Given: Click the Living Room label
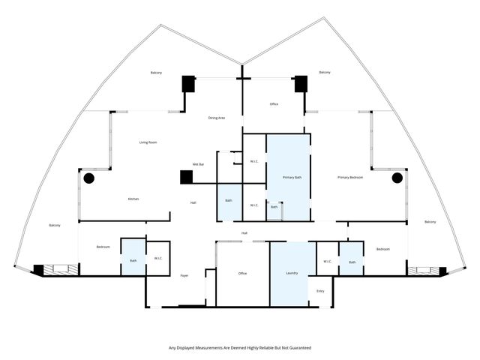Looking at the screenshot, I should coord(148,142).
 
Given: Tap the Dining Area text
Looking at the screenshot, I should coord(217,118).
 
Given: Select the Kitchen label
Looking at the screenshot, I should coord(133,199).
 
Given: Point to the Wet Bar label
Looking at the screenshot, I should coord(199,164).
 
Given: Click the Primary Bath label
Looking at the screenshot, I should coord(292,178).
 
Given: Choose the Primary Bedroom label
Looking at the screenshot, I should coord(350,178).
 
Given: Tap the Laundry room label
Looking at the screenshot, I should coord(292,273).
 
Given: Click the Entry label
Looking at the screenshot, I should coord(320,291).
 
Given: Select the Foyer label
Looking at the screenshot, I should coord(184,275).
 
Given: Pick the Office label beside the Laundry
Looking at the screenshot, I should coord(242,273).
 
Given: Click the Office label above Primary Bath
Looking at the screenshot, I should coord(274,104).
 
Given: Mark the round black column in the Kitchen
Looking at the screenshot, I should coord(88,178).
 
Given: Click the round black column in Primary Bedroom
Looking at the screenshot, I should coord(397,178).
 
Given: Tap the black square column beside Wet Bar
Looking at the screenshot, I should coord(186,177).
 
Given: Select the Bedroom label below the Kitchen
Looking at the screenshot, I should coord(103,247).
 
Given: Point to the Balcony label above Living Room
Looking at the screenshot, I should coord(156,73).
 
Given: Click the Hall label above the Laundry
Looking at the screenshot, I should coord(244,233).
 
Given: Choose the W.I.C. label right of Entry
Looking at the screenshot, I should coord(328,261).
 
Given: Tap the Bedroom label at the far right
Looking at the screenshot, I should coord(382,249).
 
